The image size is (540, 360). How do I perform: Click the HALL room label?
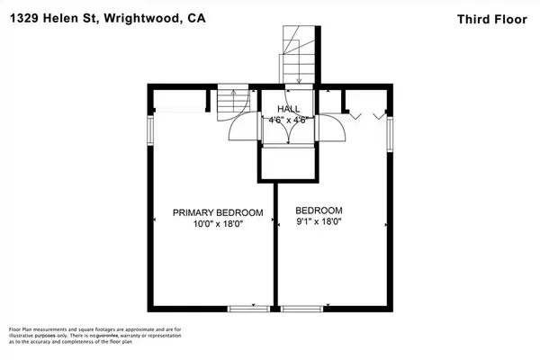point(289,109)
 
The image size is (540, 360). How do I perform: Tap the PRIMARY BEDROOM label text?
point(218,213)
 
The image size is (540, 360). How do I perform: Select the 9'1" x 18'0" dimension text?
point(319,220)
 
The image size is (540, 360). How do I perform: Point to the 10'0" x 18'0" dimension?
point(218,224)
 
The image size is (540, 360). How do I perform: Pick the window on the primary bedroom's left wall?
point(150,123)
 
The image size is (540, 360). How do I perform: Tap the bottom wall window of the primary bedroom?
point(243,310)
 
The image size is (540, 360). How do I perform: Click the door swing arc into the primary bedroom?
point(241,131)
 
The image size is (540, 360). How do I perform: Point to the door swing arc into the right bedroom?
point(335,131)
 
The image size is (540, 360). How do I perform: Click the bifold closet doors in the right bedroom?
point(367,113)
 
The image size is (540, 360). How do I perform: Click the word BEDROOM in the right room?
point(318,209)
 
